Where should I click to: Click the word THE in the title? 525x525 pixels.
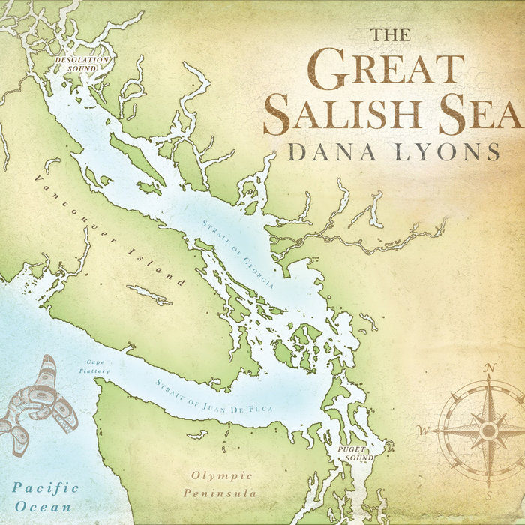[x=390, y=35]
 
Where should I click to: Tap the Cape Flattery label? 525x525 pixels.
[x=97, y=367]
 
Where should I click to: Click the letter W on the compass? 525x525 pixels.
[x=424, y=430]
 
